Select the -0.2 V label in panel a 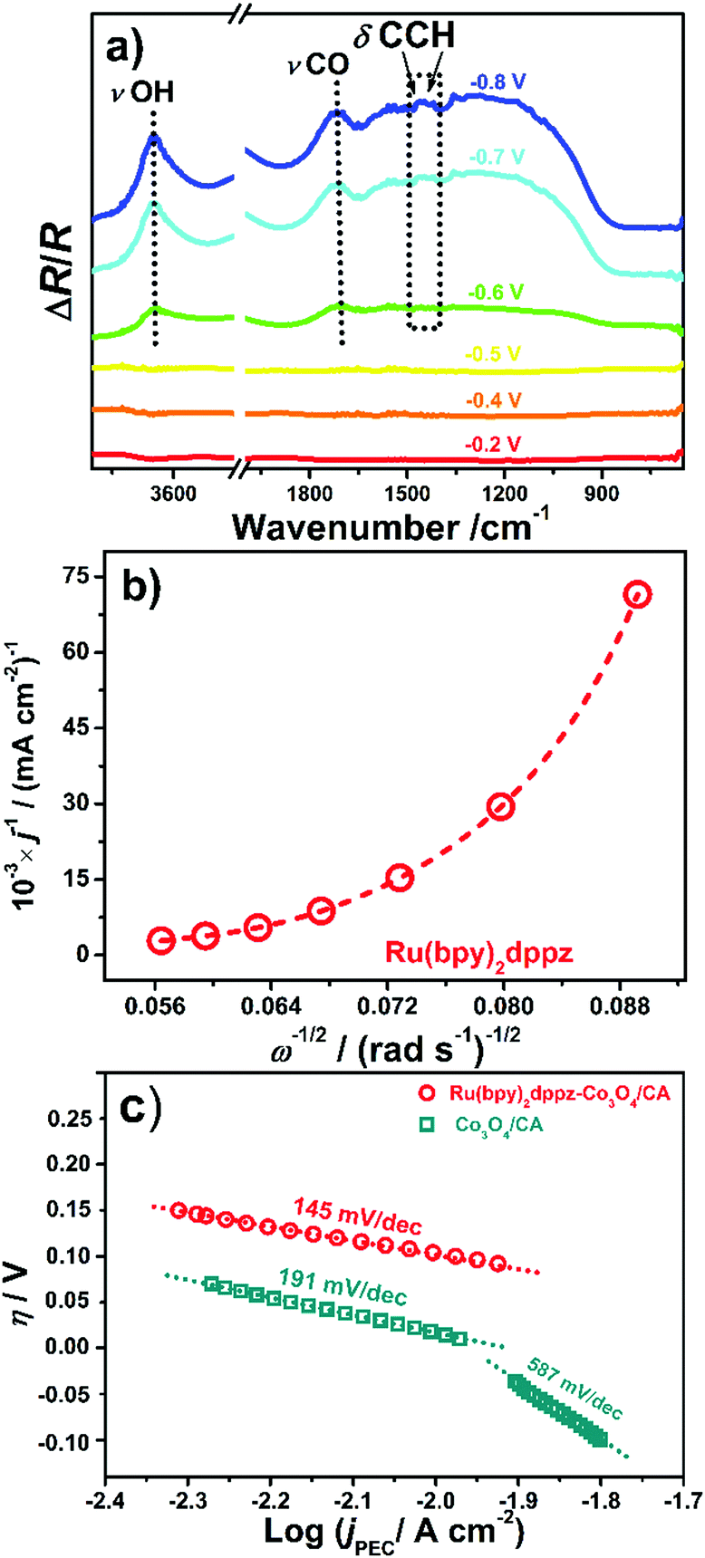pyautogui.click(x=494, y=445)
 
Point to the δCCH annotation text pyautogui.click(x=403, y=34)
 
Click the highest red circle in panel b pyautogui.click(x=638, y=594)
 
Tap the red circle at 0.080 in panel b pyautogui.click(x=501, y=806)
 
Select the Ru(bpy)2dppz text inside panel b pyautogui.click(x=467, y=953)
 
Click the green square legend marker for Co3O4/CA pyautogui.click(x=426, y=1126)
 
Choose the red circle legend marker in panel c pyautogui.click(x=426, y=1094)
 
